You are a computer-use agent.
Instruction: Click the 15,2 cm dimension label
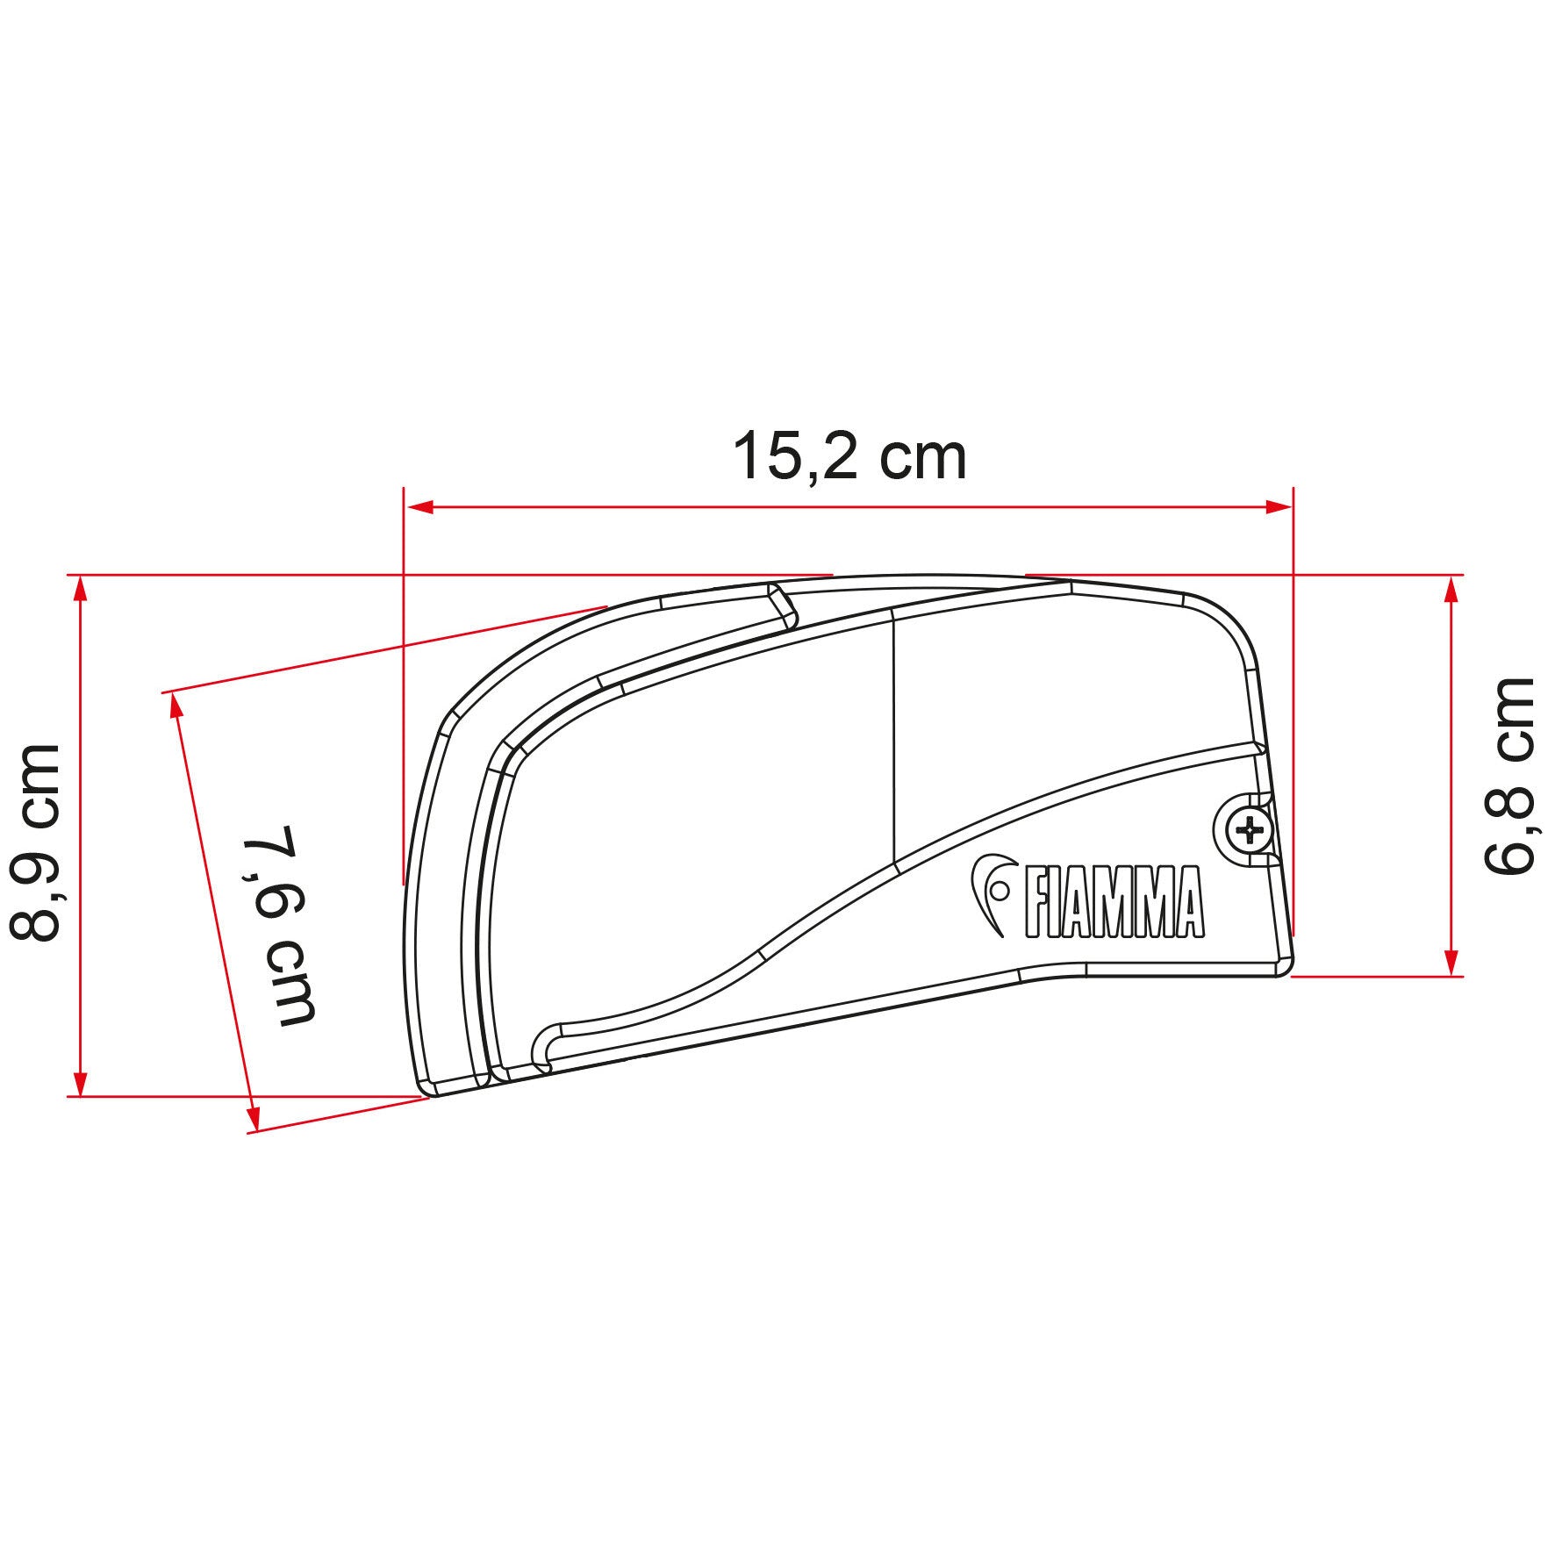(849, 457)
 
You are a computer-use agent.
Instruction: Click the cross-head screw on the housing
(1247, 828)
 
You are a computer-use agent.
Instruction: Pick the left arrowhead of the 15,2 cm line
(420, 507)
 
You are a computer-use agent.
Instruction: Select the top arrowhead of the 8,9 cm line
(81, 590)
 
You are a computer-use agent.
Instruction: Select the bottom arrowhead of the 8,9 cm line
(81, 1083)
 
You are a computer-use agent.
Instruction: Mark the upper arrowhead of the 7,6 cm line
(176, 706)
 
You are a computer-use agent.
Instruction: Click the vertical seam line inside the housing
(892, 737)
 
